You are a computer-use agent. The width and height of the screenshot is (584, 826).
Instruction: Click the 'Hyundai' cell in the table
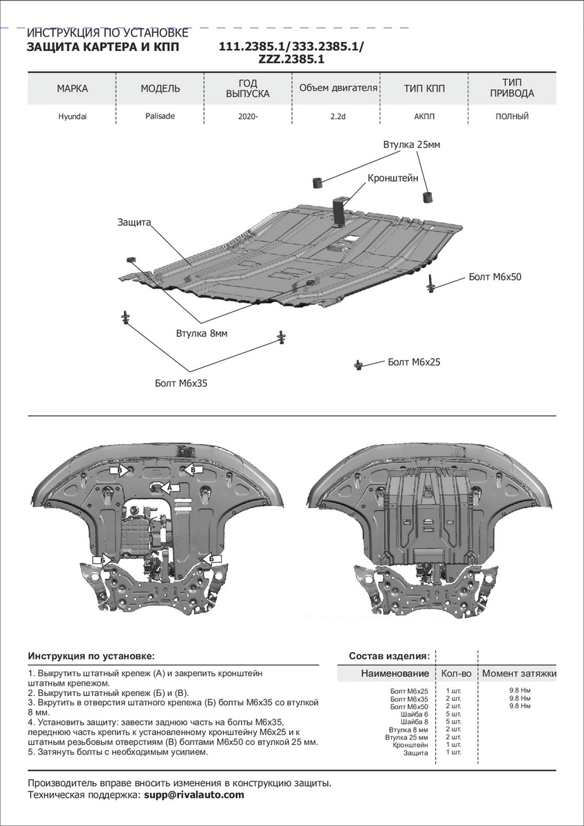point(72,117)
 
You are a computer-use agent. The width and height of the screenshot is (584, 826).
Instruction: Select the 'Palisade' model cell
point(160,116)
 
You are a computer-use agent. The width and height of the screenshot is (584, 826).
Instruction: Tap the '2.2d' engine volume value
point(337,117)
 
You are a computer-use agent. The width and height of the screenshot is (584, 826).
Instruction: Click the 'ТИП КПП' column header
point(424,89)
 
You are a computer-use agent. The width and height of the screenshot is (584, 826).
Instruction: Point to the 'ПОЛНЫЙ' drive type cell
point(512,117)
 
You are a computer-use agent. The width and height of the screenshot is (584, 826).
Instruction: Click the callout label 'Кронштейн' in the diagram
point(393,178)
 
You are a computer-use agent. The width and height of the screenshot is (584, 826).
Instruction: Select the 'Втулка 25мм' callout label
point(411,145)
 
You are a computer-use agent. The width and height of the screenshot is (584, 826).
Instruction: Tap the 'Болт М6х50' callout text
point(495,277)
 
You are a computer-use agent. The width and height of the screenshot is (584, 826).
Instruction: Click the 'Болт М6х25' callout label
point(413,362)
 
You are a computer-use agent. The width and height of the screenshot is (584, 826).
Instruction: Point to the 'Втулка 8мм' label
point(201,333)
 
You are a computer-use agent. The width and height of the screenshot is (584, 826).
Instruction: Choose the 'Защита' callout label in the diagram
point(134,223)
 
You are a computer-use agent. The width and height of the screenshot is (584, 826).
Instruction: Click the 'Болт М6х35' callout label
point(180,383)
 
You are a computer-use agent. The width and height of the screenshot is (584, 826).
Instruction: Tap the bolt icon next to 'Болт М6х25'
point(359,364)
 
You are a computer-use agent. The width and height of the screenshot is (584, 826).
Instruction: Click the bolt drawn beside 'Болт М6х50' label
point(431,283)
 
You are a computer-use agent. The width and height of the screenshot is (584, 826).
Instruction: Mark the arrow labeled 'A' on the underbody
point(166,487)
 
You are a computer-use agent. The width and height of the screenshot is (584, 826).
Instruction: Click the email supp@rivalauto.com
point(194,795)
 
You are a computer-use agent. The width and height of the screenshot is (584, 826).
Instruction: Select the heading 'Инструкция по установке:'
point(91,656)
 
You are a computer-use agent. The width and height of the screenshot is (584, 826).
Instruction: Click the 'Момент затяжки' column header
point(519,673)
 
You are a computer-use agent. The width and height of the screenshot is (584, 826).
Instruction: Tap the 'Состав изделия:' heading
point(389,656)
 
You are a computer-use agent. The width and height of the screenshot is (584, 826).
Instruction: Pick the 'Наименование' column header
point(395,673)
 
